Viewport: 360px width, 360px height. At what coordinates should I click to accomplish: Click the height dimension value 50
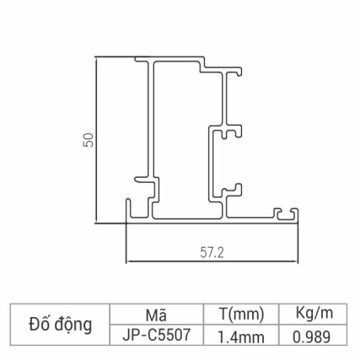coord(88,141)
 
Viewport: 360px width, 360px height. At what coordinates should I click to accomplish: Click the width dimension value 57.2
coord(212,251)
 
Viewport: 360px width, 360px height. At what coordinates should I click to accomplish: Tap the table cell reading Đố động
coord(60,324)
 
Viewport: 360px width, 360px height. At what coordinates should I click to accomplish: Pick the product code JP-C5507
coord(155,334)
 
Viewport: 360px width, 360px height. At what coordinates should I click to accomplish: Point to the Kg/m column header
coord(315,314)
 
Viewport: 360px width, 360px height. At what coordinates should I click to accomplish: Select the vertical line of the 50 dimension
coord(98,141)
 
